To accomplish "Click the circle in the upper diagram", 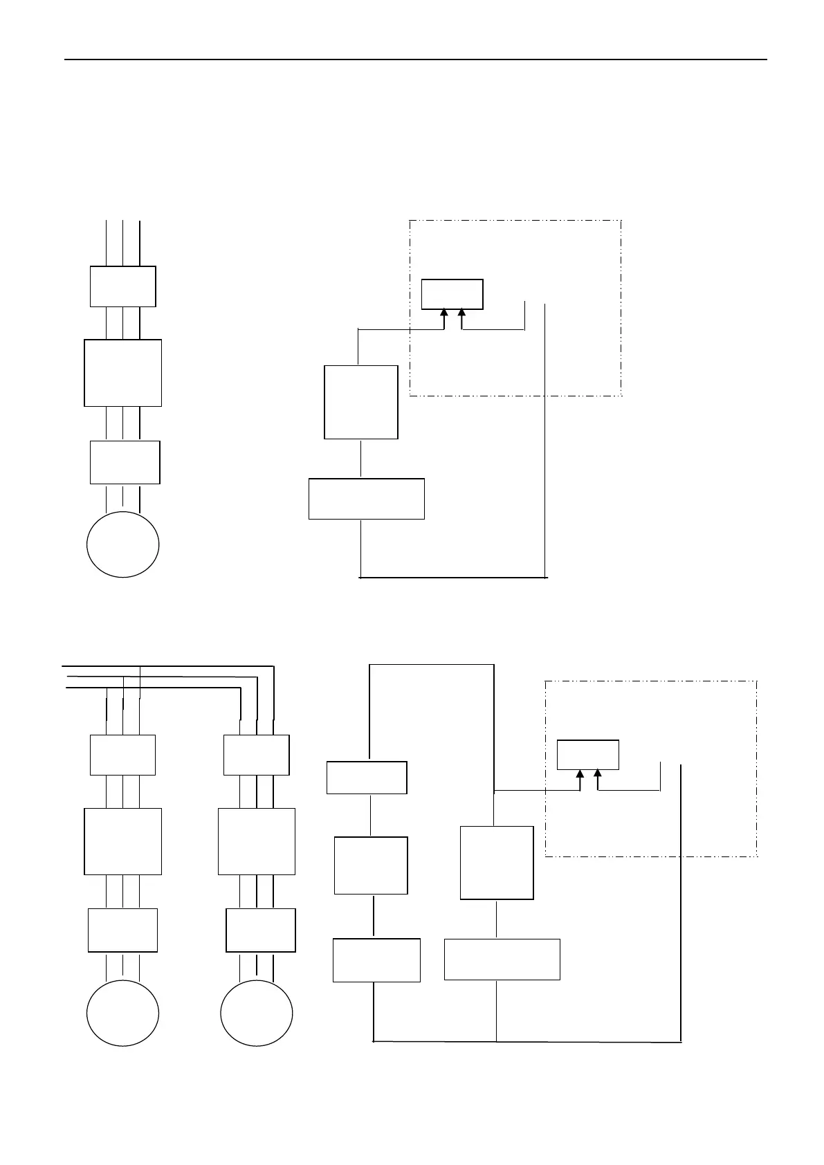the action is point(122,544).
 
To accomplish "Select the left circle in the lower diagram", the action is point(122,1013).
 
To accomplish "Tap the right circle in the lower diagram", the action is point(257,1013).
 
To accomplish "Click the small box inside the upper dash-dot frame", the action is point(452,294).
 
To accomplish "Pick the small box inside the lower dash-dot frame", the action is point(588,755).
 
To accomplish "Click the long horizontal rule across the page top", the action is point(415,59).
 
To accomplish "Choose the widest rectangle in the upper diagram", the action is point(366,498).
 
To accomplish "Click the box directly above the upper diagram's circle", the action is point(125,462).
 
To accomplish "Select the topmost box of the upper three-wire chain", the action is point(122,286).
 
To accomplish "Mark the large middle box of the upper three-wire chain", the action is point(122,373).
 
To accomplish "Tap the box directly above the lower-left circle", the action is point(122,930).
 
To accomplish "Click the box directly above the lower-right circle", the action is point(261,930).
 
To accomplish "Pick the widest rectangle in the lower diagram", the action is point(502,959).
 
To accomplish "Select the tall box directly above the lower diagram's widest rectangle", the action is point(497,863).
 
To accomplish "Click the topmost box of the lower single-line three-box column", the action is point(367,778).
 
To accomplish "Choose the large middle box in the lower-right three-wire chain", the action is point(257,841).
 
